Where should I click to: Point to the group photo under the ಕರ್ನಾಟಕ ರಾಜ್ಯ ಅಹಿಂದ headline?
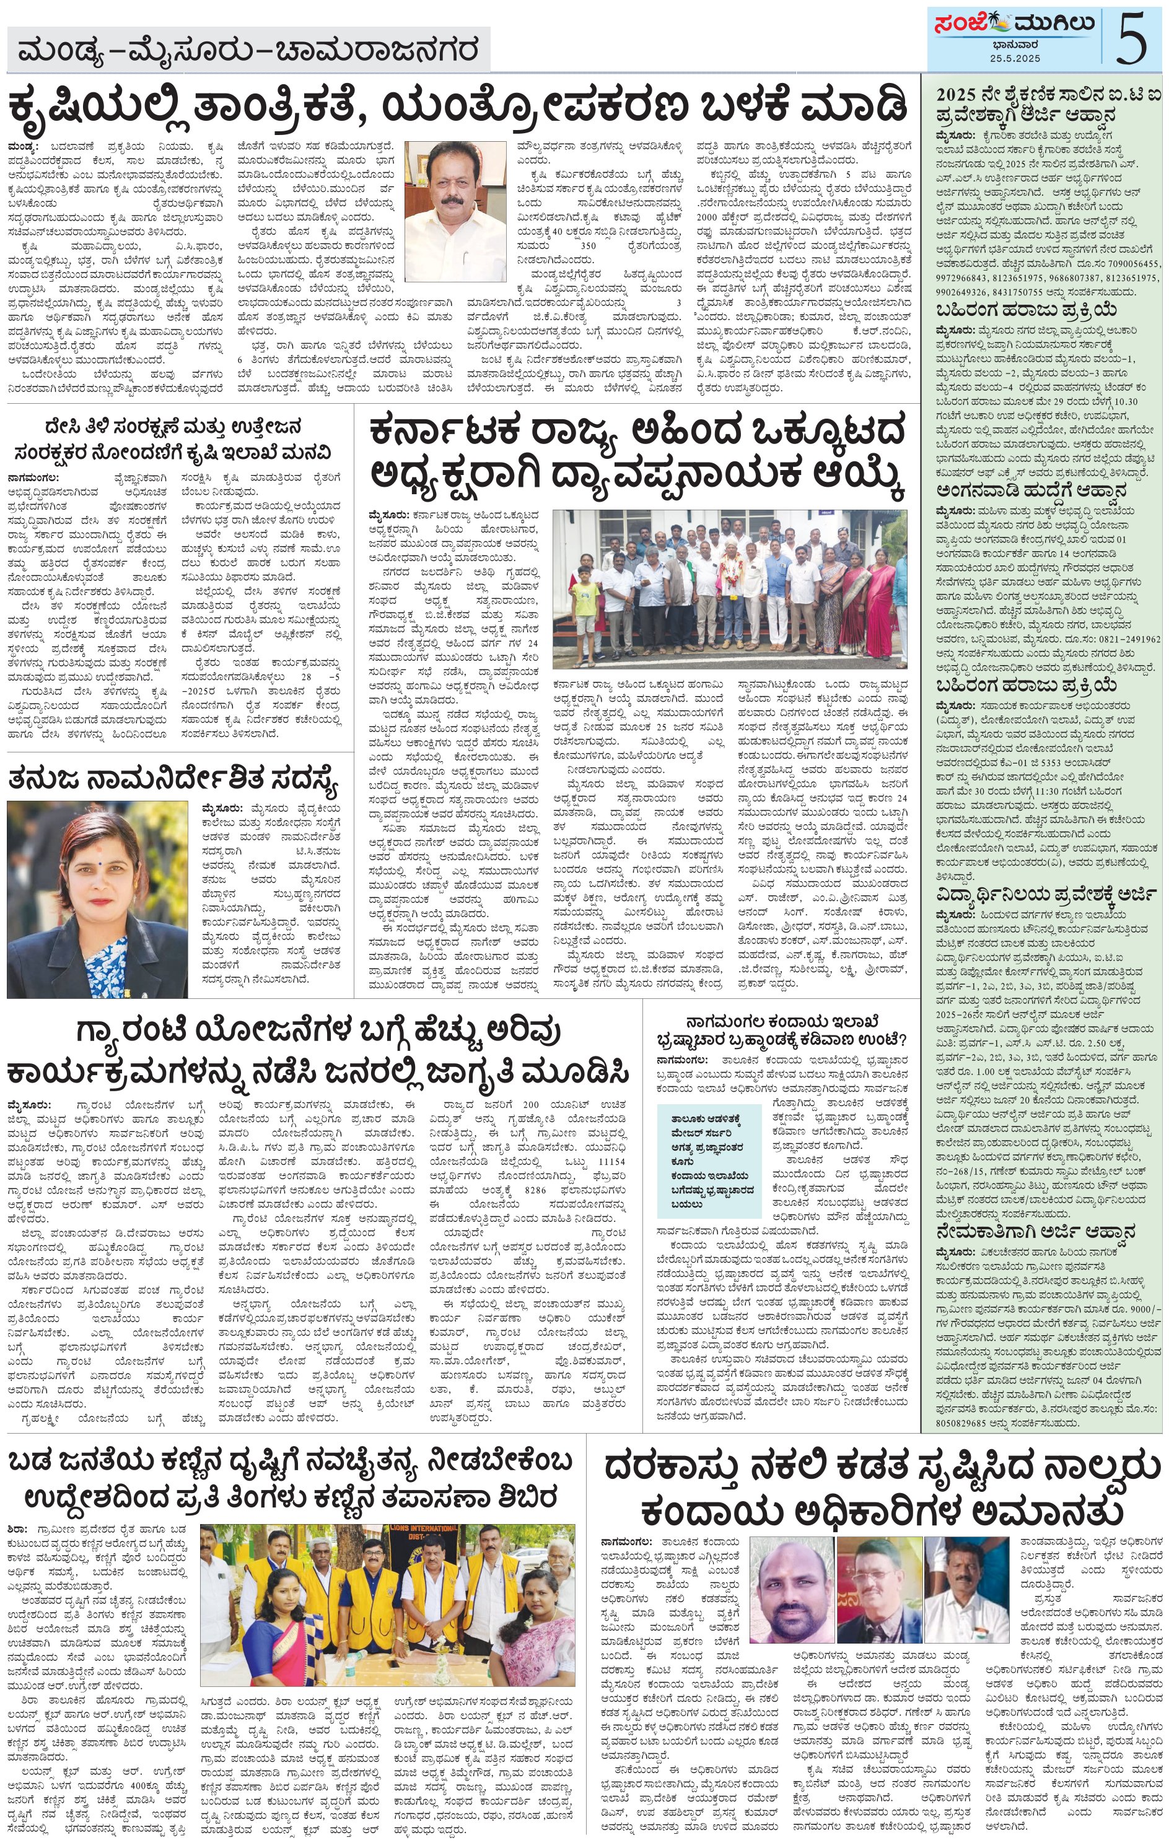pos(730,590)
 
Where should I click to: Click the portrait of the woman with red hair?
pos(97,899)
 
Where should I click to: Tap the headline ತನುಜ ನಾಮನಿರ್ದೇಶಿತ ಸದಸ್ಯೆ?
pos(173,778)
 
